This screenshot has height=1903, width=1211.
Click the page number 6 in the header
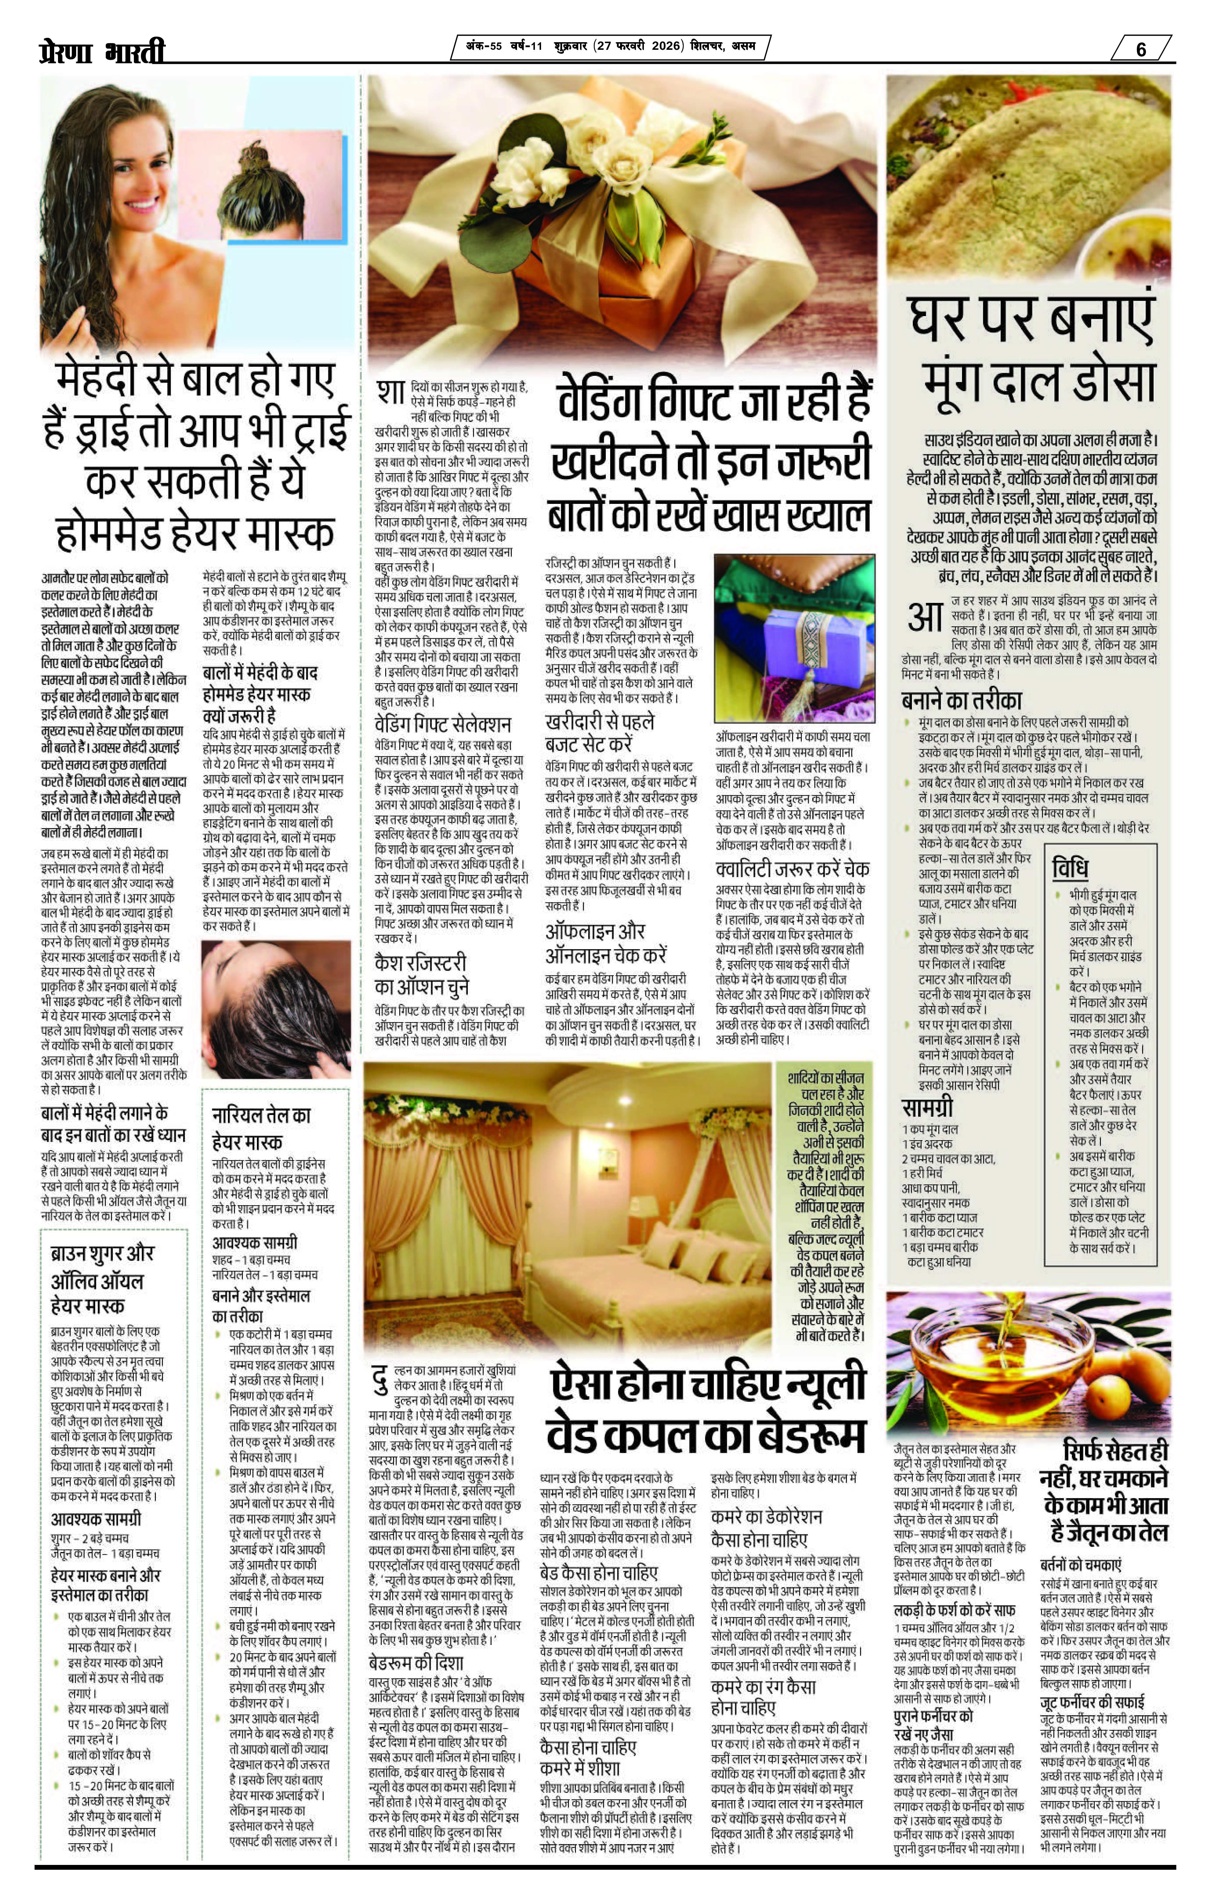pyautogui.click(x=1141, y=49)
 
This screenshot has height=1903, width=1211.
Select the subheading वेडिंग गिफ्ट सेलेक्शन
pyautogui.click(x=443, y=724)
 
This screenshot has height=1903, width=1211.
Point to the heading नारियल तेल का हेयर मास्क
pyautogui.click(x=261, y=1128)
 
